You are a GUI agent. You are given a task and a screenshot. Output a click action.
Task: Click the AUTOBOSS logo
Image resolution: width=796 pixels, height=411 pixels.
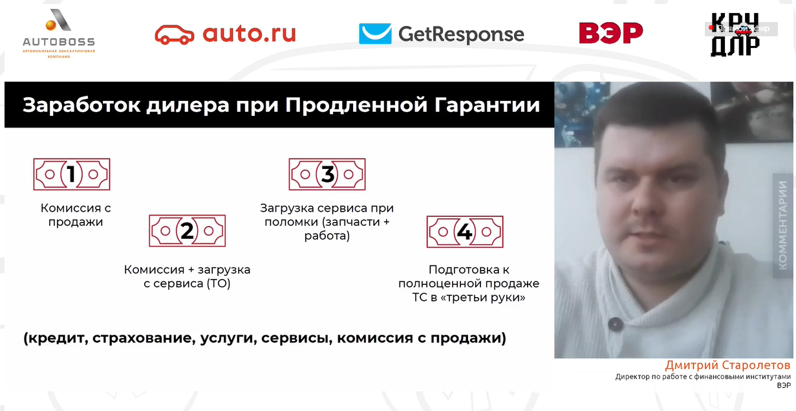click(59, 34)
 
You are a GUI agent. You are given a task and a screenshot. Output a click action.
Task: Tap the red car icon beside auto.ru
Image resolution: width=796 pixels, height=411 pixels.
click(174, 34)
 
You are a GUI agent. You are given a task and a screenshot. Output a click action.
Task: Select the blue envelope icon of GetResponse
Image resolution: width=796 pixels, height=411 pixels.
click(375, 34)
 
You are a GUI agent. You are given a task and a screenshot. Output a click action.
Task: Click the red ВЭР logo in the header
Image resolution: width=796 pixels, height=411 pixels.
click(610, 33)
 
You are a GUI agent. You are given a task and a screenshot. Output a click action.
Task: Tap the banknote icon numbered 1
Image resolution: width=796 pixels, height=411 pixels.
click(71, 174)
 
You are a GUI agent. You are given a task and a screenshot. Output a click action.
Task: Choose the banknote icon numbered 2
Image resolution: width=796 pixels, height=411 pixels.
click(187, 230)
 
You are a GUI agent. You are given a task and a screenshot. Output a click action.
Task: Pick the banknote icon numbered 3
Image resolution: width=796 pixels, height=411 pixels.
click(327, 174)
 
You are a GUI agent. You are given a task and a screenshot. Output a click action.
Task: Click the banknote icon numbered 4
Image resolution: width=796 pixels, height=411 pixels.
click(464, 232)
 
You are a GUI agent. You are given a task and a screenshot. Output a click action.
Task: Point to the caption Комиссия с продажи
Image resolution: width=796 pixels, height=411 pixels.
click(76, 215)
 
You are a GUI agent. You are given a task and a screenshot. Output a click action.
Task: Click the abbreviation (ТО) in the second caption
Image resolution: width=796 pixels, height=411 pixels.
click(218, 283)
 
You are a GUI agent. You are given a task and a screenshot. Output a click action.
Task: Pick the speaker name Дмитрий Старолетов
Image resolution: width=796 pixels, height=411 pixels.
click(727, 366)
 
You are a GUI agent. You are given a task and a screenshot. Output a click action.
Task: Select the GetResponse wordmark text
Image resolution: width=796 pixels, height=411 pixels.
click(461, 34)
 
